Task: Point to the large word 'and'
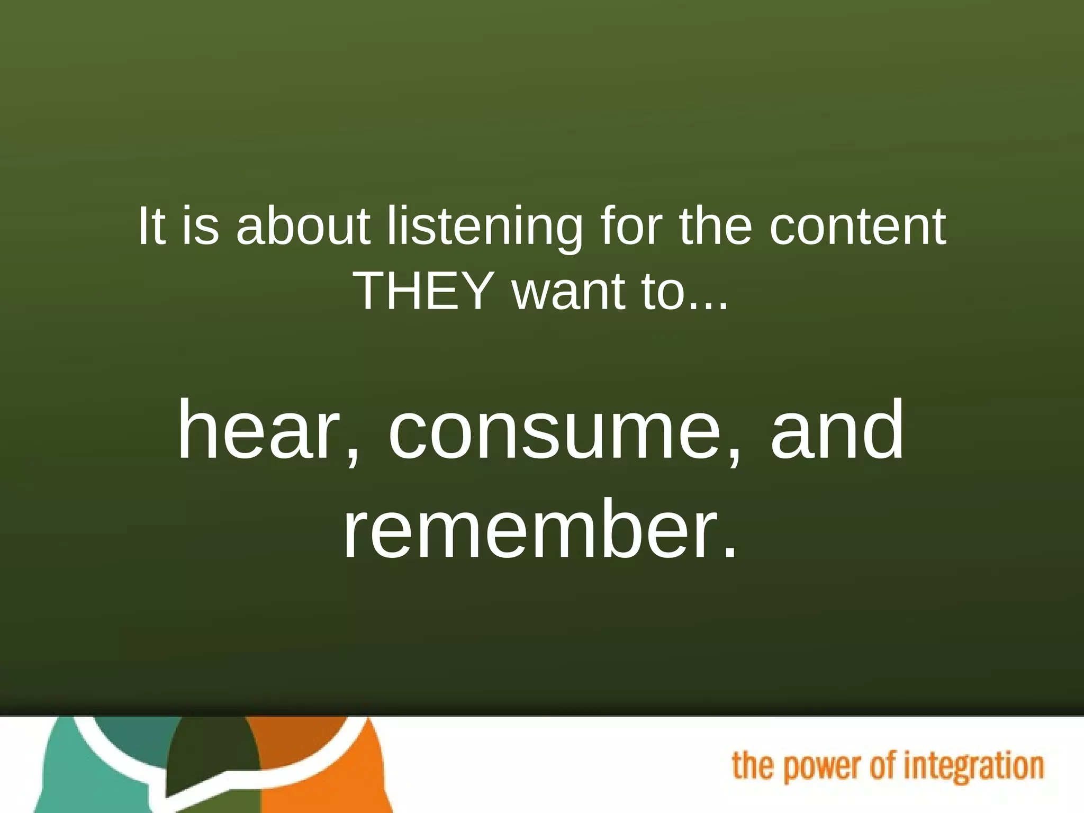[x=837, y=430]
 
